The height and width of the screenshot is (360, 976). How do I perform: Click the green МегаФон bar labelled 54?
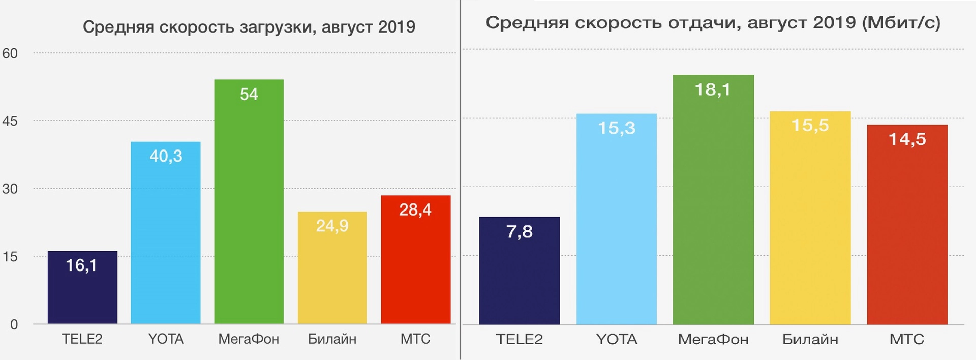click(x=249, y=203)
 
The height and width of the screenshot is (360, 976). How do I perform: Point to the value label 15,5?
click(x=810, y=125)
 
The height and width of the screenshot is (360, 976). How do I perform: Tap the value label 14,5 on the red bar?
click(x=907, y=139)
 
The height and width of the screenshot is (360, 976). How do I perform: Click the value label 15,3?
click(x=616, y=128)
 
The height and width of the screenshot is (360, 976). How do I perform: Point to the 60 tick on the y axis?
click(x=10, y=53)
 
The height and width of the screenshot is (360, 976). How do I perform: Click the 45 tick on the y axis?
click(x=10, y=121)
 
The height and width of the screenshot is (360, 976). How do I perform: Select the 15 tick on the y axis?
click(x=10, y=257)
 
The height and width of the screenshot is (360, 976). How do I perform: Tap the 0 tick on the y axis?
click(x=14, y=324)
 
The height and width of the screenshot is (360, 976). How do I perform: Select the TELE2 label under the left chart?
click(x=82, y=339)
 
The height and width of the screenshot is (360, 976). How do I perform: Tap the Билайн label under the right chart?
click(x=810, y=339)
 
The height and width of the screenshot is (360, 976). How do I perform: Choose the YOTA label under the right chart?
click(x=616, y=339)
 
